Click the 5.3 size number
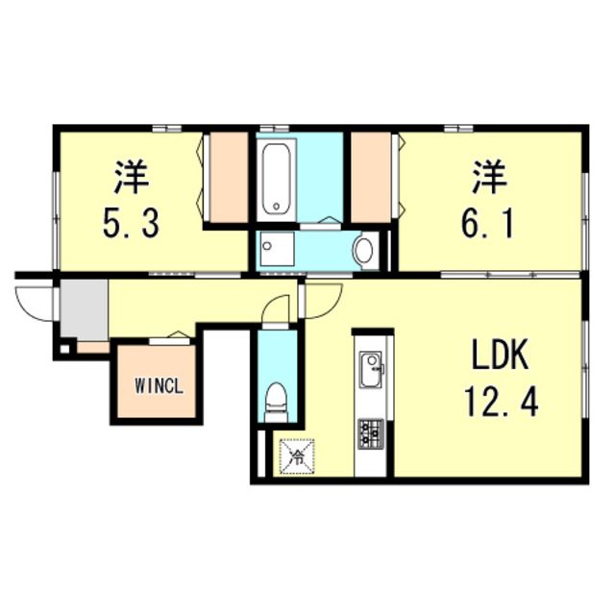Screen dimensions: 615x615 pyautogui.click(x=131, y=224)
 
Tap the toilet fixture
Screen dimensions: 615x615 pyautogui.click(x=277, y=402)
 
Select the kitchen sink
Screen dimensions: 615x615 pyautogui.click(x=371, y=365)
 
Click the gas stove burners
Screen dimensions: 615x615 pyautogui.click(x=370, y=432)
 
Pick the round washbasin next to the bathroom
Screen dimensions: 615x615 pyautogui.click(x=364, y=252)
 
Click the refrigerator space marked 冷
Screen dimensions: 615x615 pyautogui.click(x=297, y=455)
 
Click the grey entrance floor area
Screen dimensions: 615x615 pyautogui.click(x=84, y=307)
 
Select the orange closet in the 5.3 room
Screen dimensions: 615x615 pyautogui.click(x=230, y=177)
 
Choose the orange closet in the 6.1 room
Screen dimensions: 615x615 pyautogui.click(x=370, y=177)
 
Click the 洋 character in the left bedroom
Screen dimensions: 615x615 pyautogui.click(x=131, y=178)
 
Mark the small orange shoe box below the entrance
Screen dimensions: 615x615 pyautogui.click(x=93, y=347)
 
